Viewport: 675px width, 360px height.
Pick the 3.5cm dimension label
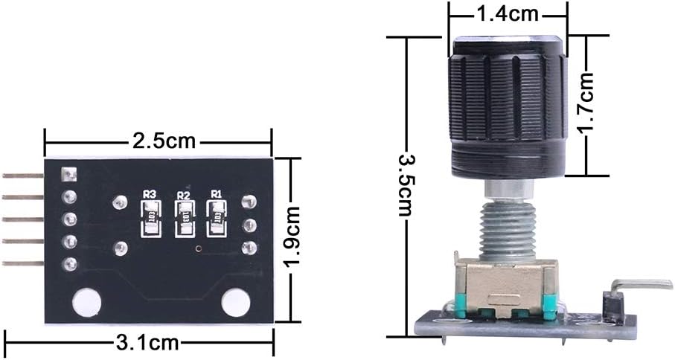[406, 184]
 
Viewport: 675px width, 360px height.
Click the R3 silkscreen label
[150, 194]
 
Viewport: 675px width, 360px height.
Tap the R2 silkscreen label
[183, 194]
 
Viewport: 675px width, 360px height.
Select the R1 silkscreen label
[217, 194]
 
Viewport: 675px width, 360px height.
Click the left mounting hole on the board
[87, 302]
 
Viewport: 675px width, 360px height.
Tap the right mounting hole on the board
[236, 302]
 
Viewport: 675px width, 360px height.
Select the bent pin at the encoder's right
[640, 284]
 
